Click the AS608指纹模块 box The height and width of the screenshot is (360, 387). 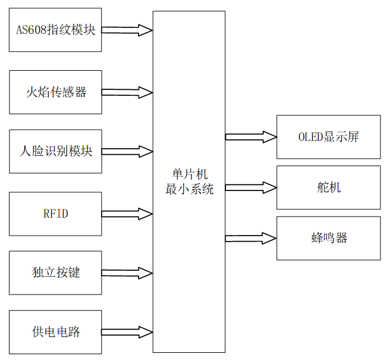[55, 30]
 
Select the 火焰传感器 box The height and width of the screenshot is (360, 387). [55, 92]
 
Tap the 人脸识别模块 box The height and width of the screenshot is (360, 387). [55, 151]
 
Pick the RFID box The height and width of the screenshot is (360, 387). [55, 214]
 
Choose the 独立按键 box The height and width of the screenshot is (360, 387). [55, 273]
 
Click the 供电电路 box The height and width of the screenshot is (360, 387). [55, 331]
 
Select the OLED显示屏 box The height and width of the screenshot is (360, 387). [328, 137]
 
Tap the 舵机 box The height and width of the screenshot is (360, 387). [328, 187]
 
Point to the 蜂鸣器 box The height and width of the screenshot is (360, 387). [328, 238]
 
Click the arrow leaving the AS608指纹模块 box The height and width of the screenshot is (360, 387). [127, 30]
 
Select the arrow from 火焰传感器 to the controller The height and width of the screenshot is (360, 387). [127, 92]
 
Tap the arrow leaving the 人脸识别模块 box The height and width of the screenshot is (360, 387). [127, 151]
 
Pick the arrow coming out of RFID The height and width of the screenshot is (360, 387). [127, 214]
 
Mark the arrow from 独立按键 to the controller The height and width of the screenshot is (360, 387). [127, 273]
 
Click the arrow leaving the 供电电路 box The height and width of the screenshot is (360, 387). [127, 331]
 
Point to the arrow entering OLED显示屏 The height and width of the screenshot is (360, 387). [251, 137]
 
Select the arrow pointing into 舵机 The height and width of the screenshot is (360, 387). [251, 187]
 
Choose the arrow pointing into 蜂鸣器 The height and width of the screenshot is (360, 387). [251, 238]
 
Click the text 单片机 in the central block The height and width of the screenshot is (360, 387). [189, 174]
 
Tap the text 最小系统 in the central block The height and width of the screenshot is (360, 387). [189, 189]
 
